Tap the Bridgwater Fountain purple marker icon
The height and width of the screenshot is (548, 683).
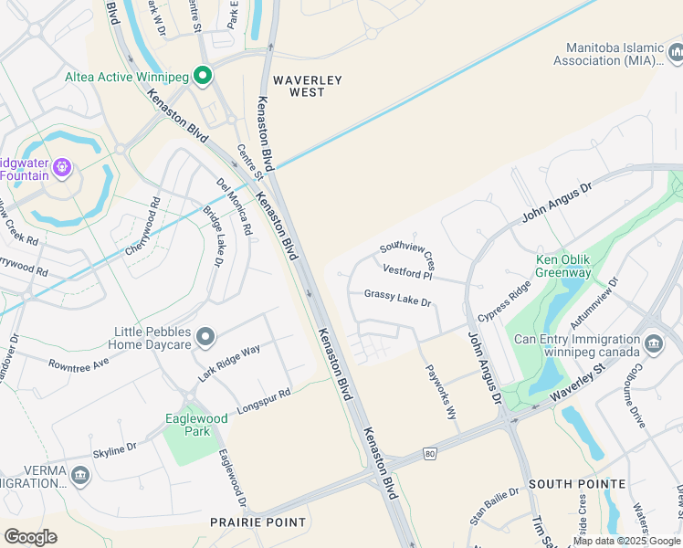pos(61,166)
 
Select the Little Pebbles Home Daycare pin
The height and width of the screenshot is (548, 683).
pos(205,338)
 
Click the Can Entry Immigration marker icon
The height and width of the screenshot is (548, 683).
pos(654,343)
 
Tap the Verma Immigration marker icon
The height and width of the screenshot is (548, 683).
pos(80,475)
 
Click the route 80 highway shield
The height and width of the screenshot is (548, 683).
pos(429,453)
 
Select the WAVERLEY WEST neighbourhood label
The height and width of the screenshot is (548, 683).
pos(306,86)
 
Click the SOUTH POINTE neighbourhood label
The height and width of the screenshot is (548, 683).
pos(577,484)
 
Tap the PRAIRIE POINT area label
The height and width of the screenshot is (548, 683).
pos(258,522)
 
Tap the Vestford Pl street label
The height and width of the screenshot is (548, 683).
pos(406,271)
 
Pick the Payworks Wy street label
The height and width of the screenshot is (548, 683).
pos(441,392)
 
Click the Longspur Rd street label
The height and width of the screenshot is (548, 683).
pos(263,399)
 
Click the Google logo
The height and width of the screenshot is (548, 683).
pos(30,536)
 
